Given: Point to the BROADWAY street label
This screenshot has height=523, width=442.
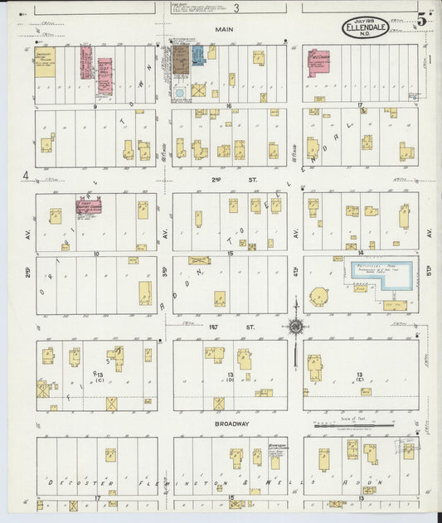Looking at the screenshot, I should [232, 424].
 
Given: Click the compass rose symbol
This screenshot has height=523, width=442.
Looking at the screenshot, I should [296, 327].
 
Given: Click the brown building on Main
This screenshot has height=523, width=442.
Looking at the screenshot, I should [180, 58].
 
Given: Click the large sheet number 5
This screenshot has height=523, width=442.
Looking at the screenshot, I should [423, 17].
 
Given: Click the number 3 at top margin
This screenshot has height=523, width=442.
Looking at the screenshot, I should [236, 8].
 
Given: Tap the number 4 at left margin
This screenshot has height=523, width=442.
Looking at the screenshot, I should [27, 175].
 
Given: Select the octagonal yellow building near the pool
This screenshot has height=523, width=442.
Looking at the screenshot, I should [319, 296].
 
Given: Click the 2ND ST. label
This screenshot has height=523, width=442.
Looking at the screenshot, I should [218, 179].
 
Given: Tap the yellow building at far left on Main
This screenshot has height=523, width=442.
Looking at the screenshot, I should [45, 64].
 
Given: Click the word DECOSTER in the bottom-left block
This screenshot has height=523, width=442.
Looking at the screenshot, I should [75, 481].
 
